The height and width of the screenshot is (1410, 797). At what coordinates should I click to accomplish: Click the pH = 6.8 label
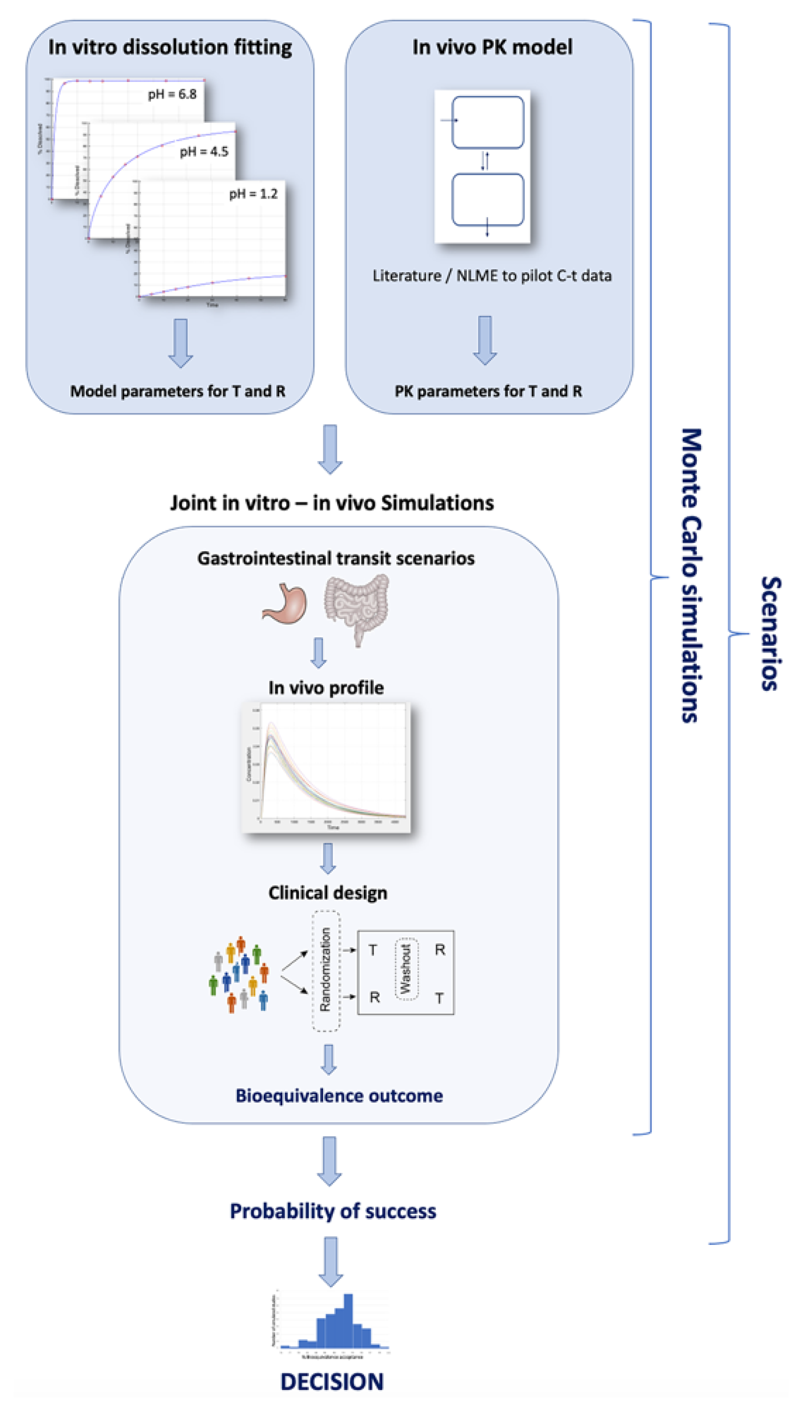[172, 94]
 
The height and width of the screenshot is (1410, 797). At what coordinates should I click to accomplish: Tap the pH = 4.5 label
[203, 152]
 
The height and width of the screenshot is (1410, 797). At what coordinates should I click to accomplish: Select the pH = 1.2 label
[253, 194]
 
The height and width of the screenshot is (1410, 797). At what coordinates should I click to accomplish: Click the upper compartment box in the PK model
[487, 122]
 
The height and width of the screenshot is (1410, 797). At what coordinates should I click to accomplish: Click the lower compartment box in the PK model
[487, 200]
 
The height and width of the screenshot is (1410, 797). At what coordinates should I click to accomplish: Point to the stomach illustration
[285, 603]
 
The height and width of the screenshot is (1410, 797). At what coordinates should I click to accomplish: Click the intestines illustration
[357, 607]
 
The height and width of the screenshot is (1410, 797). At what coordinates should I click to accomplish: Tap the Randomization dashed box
[326, 971]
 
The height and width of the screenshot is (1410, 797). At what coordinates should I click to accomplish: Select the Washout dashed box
[406, 969]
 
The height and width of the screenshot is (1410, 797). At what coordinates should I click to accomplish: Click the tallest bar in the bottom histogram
[348, 1320]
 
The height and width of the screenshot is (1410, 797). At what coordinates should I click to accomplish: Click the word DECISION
[332, 1382]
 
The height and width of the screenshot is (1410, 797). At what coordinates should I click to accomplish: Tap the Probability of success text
[333, 1211]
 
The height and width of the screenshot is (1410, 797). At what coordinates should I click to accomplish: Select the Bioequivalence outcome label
[339, 1095]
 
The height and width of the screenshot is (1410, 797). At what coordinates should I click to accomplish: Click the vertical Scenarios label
[771, 633]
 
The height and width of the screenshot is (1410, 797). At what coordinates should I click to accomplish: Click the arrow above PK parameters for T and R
[484, 340]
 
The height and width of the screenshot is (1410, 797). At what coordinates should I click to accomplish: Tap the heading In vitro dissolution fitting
[170, 47]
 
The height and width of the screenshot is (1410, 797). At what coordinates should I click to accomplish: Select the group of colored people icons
[239, 975]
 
